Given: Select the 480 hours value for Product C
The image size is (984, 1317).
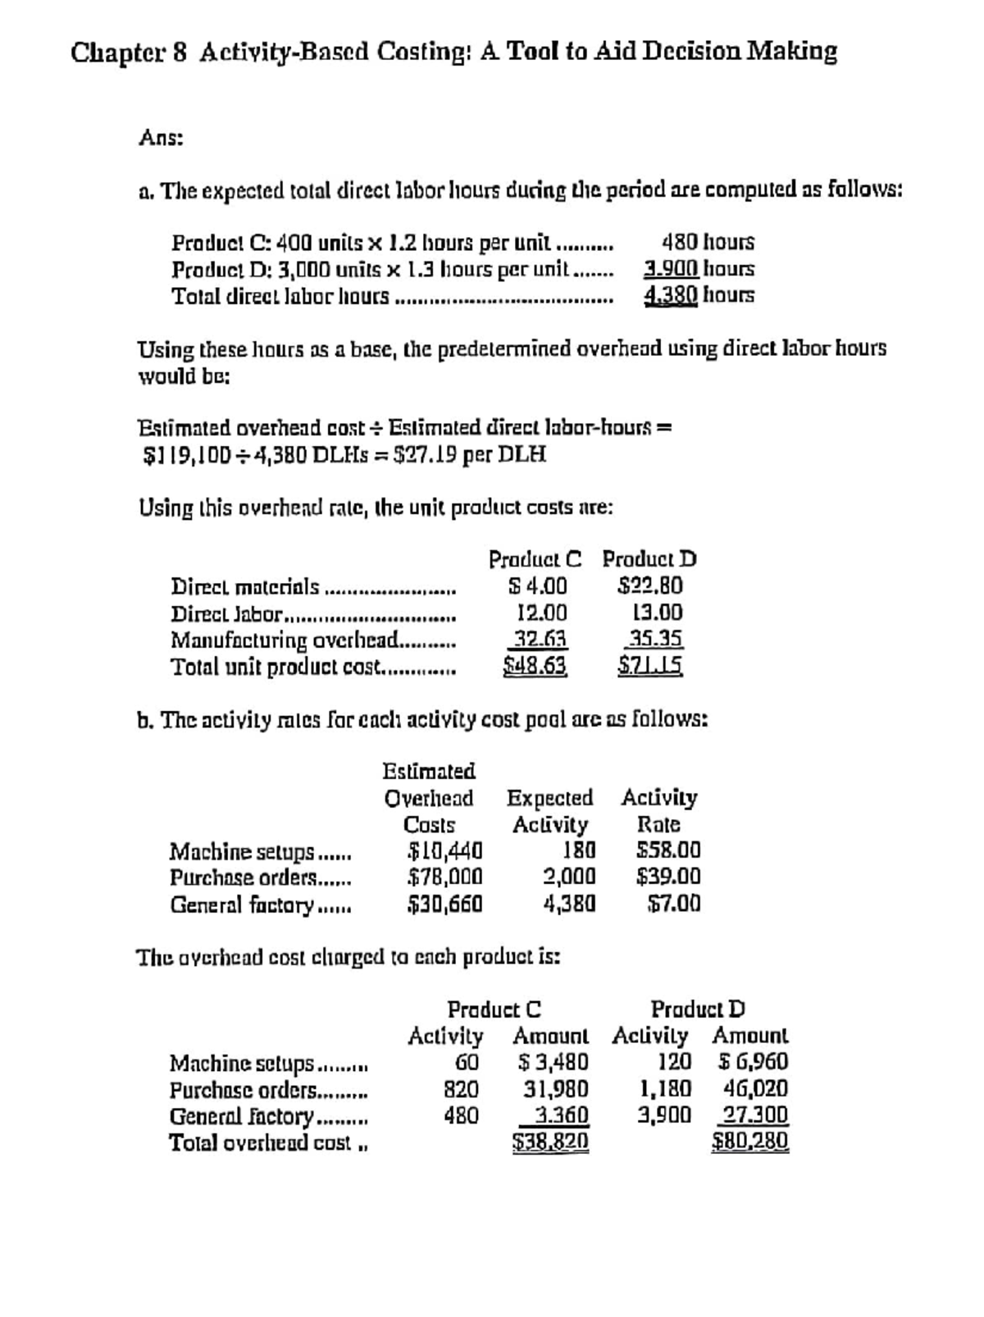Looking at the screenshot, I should pyautogui.click(x=708, y=243).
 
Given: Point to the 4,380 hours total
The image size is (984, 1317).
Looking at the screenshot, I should pyautogui.click(x=699, y=295).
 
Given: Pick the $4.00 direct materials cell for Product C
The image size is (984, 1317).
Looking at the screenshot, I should pyautogui.click(x=538, y=586).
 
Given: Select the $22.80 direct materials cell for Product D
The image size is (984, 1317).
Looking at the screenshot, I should pyautogui.click(x=650, y=586).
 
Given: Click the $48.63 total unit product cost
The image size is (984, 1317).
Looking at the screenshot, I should pyautogui.click(x=535, y=665).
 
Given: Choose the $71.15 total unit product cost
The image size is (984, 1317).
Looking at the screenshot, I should pyautogui.click(x=650, y=665).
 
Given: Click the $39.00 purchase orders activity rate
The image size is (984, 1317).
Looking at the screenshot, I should pyautogui.click(x=669, y=877).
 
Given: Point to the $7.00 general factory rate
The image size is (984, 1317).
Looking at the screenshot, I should pyautogui.click(x=674, y=904).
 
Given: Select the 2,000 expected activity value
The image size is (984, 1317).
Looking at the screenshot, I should pyautogui.click(x=569, y=877).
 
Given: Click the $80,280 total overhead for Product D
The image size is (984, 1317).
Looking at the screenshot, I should pyautogui.click(x=750, y=1142).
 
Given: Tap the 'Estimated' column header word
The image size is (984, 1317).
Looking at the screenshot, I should pyautogui.click(x=429, y=772).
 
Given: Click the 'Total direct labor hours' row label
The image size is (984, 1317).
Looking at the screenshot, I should pyautogui.click(x=280, y=295).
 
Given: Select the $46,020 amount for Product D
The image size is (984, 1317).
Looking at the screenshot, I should pyautogui.click(x=756, y=1089).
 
